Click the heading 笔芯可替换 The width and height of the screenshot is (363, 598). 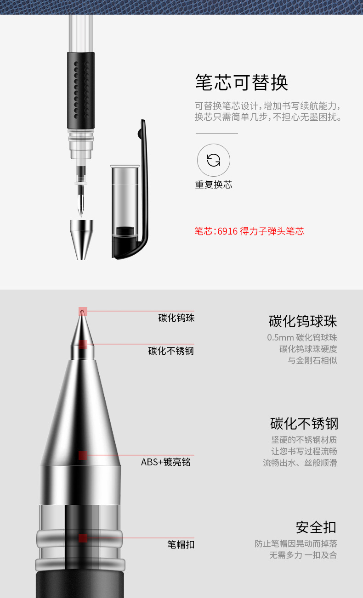click(242, 82)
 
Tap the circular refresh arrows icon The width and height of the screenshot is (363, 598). click(214, 160)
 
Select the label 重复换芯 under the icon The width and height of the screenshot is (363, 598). click(214, 184)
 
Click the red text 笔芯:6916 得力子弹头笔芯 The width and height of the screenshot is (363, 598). click(249, 231)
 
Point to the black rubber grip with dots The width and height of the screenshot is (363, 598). click(81, 91)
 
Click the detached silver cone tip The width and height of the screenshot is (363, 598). click(81, 240)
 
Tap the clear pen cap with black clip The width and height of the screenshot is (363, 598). click(130, 190)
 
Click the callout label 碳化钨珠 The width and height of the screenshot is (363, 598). click(176, 318)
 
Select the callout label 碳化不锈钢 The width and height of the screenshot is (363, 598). click(171, 351)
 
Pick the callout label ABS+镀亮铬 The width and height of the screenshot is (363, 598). click(166, 462)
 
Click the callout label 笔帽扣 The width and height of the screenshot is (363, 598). click(181, 544)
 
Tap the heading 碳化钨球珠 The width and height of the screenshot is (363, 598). click(303, 321)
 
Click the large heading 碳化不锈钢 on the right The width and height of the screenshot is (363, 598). click(304, 424)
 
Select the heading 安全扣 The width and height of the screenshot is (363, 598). click(316, 527)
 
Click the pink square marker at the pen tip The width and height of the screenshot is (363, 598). click(83, 311)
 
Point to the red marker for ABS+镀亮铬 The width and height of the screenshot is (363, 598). click(83, 455)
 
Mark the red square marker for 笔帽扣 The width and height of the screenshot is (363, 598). click(83, 538)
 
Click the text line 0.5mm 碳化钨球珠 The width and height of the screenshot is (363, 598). click(302, 337)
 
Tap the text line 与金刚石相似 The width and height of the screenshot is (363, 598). click(312, 360)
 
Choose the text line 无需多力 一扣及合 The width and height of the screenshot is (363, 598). click(303, 555)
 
